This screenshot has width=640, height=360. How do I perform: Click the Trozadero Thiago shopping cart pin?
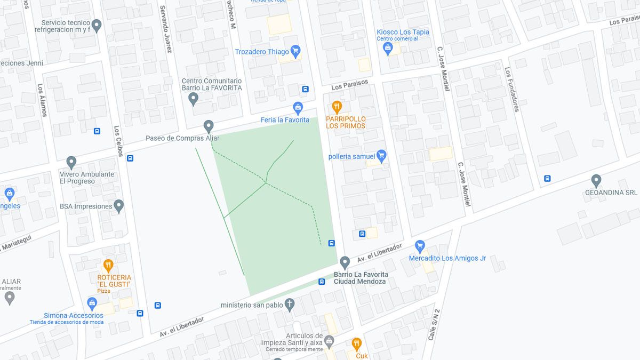(295, 51)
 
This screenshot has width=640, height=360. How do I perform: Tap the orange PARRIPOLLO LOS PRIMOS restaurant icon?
(337, 107)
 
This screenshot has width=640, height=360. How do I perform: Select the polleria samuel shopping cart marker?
(381, 156)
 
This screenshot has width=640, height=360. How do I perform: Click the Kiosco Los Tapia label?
(403, 32)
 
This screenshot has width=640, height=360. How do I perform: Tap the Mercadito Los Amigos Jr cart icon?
(420, 246)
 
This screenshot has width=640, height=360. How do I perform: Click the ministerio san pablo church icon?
(290, 305)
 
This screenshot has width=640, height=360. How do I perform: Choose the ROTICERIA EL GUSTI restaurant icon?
(108, 265)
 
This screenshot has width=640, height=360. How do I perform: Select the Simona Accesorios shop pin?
(92, 303)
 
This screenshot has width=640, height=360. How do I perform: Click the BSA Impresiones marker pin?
(119, 206)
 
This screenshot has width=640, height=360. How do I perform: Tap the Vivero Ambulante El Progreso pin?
(71, 162)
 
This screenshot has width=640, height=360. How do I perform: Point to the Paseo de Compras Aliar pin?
(209, 126)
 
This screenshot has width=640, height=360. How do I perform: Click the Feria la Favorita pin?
(298, 108)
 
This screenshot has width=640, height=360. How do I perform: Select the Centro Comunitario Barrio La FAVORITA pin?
(194, 98)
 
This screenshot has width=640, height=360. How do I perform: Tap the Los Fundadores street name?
(511, 89)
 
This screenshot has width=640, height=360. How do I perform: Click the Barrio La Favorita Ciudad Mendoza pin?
(345, 262)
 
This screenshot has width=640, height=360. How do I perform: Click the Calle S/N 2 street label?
(434, 325)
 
